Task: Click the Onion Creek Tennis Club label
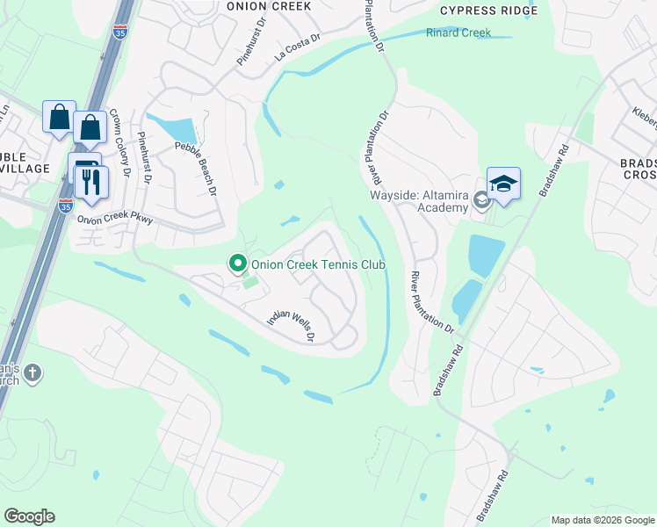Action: point(319,263)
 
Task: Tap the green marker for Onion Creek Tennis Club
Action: point(236,263)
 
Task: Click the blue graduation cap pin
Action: point(503,184)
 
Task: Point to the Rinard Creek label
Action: point(457,33)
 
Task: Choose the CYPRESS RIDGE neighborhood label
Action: point(487,11)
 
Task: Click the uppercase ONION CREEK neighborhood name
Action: point(268,6)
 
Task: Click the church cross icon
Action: point(32,373)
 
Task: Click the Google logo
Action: point(29,516)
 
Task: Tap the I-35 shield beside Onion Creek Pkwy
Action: point(66,204)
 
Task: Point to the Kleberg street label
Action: point(645,118)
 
